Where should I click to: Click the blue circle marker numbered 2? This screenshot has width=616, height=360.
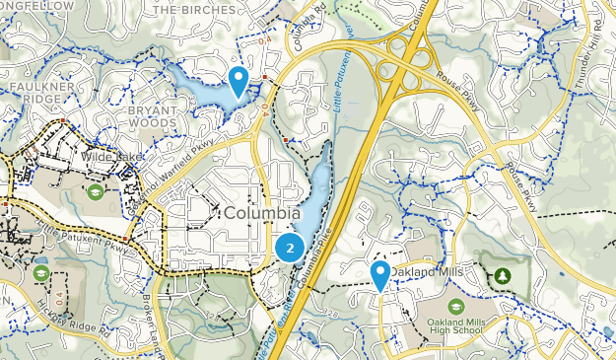click(288, 248)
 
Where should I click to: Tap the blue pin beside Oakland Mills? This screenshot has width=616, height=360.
click(379, 274)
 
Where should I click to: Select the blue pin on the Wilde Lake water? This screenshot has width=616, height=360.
click(238, 79)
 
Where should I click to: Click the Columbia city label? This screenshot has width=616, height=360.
click(261, 213)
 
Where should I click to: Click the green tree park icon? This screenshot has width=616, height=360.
click(503, 274)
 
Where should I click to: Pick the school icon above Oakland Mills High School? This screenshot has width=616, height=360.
click(456, 307)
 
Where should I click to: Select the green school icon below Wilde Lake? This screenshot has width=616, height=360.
click(96, 190)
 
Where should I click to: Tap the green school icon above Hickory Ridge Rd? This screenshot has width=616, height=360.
click(40, 272)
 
